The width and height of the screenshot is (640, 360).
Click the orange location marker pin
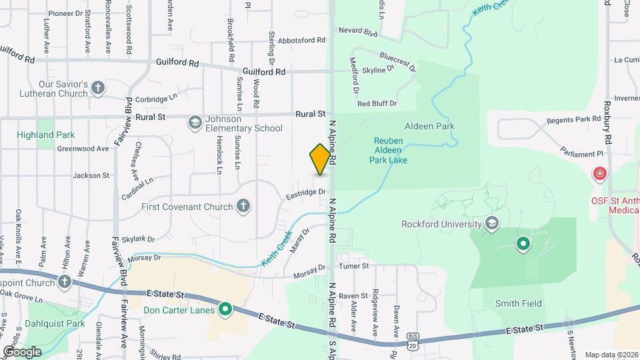pos(321,159)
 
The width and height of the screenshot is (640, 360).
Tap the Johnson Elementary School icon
pos(195,122)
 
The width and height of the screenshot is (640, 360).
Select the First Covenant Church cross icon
pos(243,206)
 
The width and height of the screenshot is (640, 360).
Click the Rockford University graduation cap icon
pos(493,223)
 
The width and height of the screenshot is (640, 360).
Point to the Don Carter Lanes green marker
pos(225,309)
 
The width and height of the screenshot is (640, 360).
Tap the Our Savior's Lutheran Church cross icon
pos(98,87)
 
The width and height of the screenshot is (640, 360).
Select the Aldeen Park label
pos(429,125)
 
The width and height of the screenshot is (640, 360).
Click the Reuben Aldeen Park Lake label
pos(390,151)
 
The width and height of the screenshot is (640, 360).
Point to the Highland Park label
pos(47,135)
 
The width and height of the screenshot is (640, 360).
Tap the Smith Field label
pos(518,303)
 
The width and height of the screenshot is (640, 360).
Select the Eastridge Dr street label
pos(306,194)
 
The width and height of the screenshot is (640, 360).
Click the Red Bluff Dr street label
pos(377,103)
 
